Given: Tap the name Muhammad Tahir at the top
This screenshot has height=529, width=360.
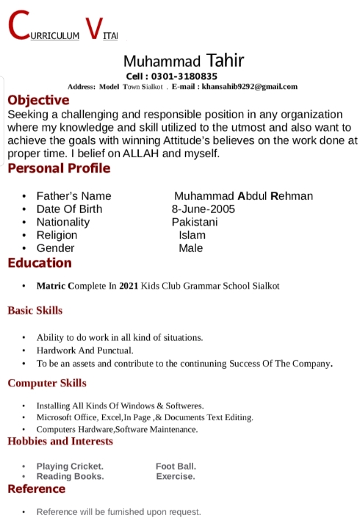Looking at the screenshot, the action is [x=184, y=60].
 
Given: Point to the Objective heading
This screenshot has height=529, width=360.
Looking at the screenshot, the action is [x=38, y=100].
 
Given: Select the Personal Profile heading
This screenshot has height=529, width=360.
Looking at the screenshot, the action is [x=59, y=168].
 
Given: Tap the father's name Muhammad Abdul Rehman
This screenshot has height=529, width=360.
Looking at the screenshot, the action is [x=243, y=195].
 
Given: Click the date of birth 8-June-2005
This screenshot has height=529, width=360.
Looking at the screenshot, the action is [x=204, y=209].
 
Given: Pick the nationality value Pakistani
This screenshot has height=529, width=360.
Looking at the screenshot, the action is [x=195, y=222].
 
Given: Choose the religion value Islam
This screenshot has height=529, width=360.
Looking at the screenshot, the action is [x=192, y=235].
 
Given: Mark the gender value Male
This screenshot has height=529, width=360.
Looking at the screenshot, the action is [x=190, y=248].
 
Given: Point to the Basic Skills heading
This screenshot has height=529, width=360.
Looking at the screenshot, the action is [x=35, y=311].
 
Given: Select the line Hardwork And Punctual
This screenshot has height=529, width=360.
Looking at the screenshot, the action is [x=84, y=350].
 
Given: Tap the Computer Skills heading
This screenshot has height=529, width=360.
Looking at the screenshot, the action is [x=47, y=383].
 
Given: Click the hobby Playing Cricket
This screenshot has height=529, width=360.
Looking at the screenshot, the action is [x=70, y=466].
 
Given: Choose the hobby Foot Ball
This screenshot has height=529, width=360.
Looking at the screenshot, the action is [x=176, y=466].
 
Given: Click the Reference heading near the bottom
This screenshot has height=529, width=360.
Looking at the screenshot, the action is [x=37, y=489].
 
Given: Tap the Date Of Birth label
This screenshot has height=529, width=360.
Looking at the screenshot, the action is [x=69, y=209].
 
